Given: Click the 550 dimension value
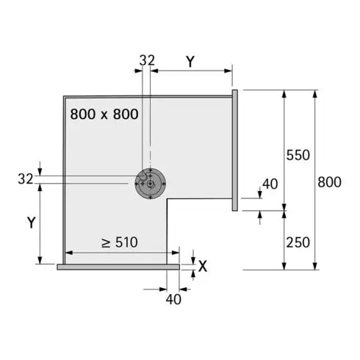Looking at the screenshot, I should point(299,155).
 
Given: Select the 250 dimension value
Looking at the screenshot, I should point(299,242).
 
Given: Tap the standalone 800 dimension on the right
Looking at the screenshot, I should point(329,181).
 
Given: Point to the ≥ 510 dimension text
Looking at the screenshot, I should point(120,242).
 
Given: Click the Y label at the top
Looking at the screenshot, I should point(190,62).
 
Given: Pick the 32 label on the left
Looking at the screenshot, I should point(25,178).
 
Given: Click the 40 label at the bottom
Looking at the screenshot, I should point(173,298).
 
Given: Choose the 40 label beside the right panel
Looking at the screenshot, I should point(270,184).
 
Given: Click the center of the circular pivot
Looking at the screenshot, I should point(150,184).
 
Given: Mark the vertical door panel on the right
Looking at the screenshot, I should point(234,151).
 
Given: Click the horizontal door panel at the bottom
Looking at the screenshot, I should point(118,267).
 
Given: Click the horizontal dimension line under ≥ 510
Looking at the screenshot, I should point(120,253).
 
